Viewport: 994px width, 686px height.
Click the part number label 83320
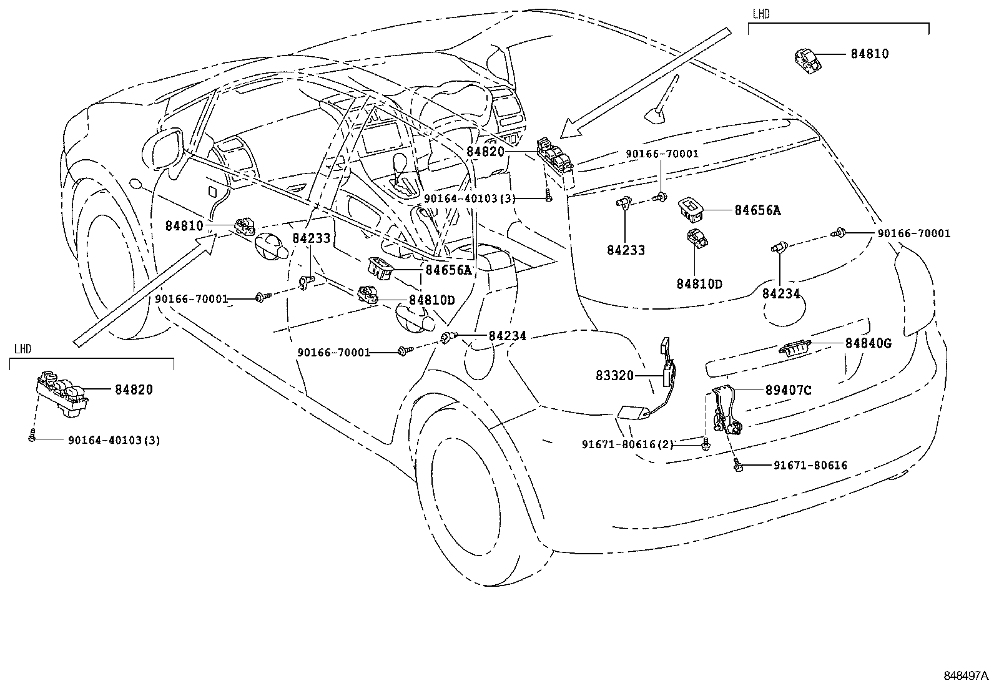click(614, 376)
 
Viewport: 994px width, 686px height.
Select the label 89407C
click(789, 391)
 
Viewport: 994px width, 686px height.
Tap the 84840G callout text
click(869, 343)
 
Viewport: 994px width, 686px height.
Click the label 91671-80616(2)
click(627, 444)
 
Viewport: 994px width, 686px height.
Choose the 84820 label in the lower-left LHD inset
click(134, 390)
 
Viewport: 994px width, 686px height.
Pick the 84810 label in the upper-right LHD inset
click(870, 54)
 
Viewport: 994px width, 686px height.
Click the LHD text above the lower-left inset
click(22, 349)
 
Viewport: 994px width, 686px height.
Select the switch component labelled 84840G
click(794, 348)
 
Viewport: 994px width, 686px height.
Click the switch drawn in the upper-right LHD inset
click(807, 61)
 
